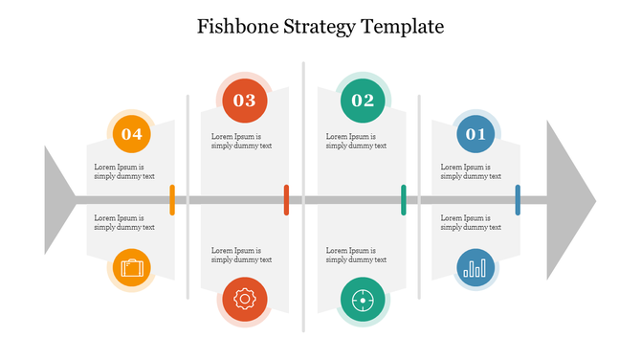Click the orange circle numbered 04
pos(132,134)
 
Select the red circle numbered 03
pos(245,100)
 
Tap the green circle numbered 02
pos(363,100)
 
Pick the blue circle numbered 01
pos(475,134)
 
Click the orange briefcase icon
pos(132,268)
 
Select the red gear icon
pos(245,300)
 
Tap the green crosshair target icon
pos(363,300)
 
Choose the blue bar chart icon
pos(475,269)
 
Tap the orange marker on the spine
pos(172,200)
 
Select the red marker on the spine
pos(286,200)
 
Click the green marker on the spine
pos(403,200)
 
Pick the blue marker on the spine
pos(518,200)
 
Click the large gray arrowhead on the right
pos(568,200)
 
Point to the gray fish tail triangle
pos(56,200)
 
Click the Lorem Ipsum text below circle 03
pos(241,141)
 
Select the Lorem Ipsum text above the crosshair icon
pos(356,255)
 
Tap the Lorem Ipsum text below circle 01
pos(471,171)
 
